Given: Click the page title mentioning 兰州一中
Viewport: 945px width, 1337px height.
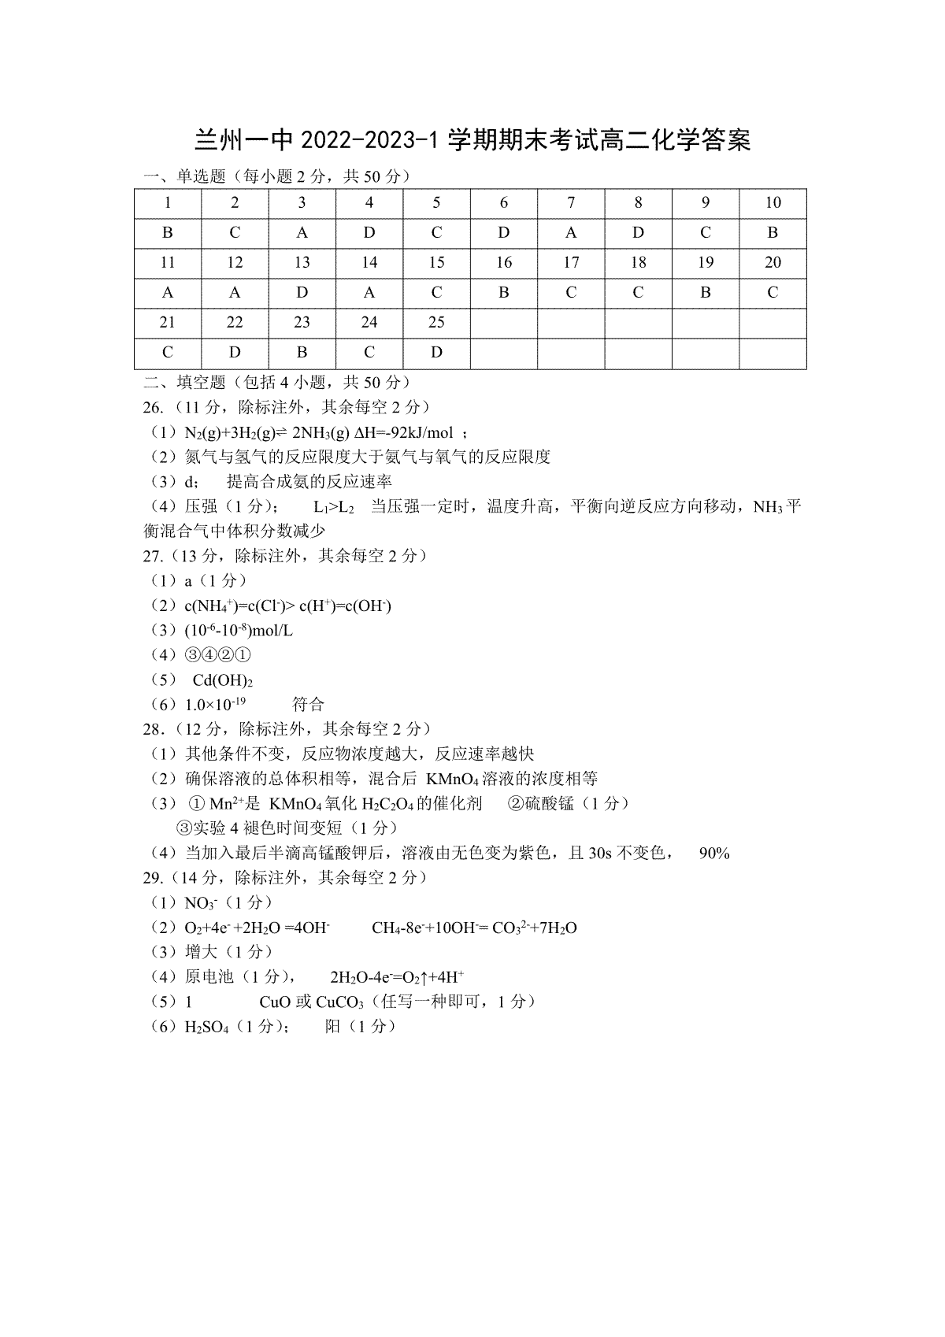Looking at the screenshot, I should coord(472,140).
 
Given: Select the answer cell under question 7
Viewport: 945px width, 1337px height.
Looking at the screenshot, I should coord(571,233).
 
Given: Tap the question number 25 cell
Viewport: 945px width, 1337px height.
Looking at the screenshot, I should coord(436,323).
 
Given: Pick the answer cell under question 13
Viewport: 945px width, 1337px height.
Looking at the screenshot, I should coord(302,293).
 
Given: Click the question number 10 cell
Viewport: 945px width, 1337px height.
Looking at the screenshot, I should coord(773,203).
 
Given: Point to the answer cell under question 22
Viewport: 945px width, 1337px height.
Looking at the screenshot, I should coord(235,353).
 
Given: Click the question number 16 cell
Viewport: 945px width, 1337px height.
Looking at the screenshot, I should coord(504,263).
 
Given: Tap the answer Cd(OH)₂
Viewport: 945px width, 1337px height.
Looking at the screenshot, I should coord(222,680).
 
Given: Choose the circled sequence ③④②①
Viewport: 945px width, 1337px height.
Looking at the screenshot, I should coord(218,655).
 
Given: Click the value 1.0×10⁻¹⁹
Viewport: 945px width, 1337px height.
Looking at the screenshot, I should coord(215,704).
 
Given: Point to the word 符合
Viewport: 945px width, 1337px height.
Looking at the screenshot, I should coord(308,704).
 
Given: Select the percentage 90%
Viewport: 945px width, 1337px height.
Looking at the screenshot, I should coord(714,854).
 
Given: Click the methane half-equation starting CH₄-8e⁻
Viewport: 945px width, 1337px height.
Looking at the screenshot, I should coord(474,928).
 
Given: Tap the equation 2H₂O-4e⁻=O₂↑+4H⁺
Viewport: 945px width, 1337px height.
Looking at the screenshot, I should coord(397,978).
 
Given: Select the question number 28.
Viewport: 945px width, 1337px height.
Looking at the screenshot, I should coord(154,729).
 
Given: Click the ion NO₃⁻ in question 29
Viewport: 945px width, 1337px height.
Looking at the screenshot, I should coord(201,903).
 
